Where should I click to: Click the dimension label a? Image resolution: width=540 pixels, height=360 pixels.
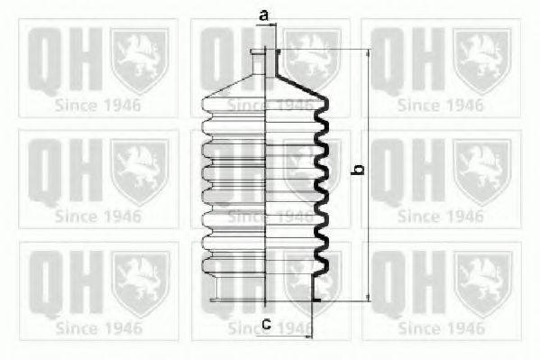tap(264, 15)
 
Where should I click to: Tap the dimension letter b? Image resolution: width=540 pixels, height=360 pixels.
tap(357, 170)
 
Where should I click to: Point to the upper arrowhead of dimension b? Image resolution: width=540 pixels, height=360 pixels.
tap(368, 53)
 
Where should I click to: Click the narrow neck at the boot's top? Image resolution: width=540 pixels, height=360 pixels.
tap(267, 63)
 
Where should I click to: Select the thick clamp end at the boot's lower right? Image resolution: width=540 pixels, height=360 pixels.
tap(316, 291)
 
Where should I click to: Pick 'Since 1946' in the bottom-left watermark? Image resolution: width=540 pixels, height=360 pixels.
tap(98, 326)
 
